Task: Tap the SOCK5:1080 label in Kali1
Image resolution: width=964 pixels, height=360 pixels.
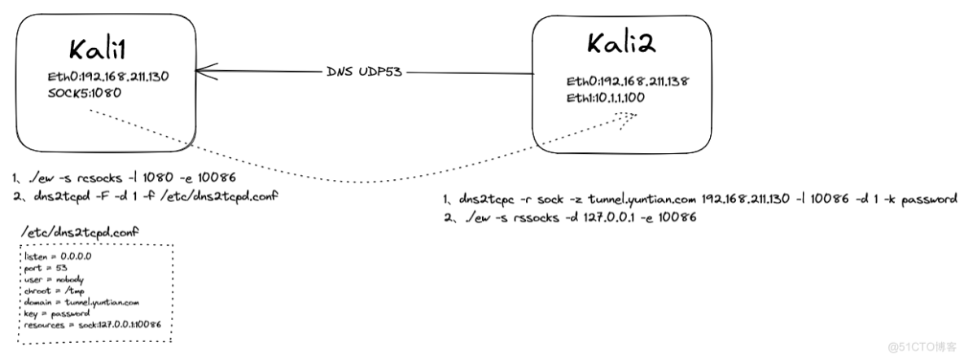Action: pyautogui.click(x=82, y=93)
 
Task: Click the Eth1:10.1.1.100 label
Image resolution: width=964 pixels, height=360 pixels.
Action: pyautogui.click(x=608, y=99)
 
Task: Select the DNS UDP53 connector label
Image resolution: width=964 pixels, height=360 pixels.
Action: pyautogui.click(x=364, y=72)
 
